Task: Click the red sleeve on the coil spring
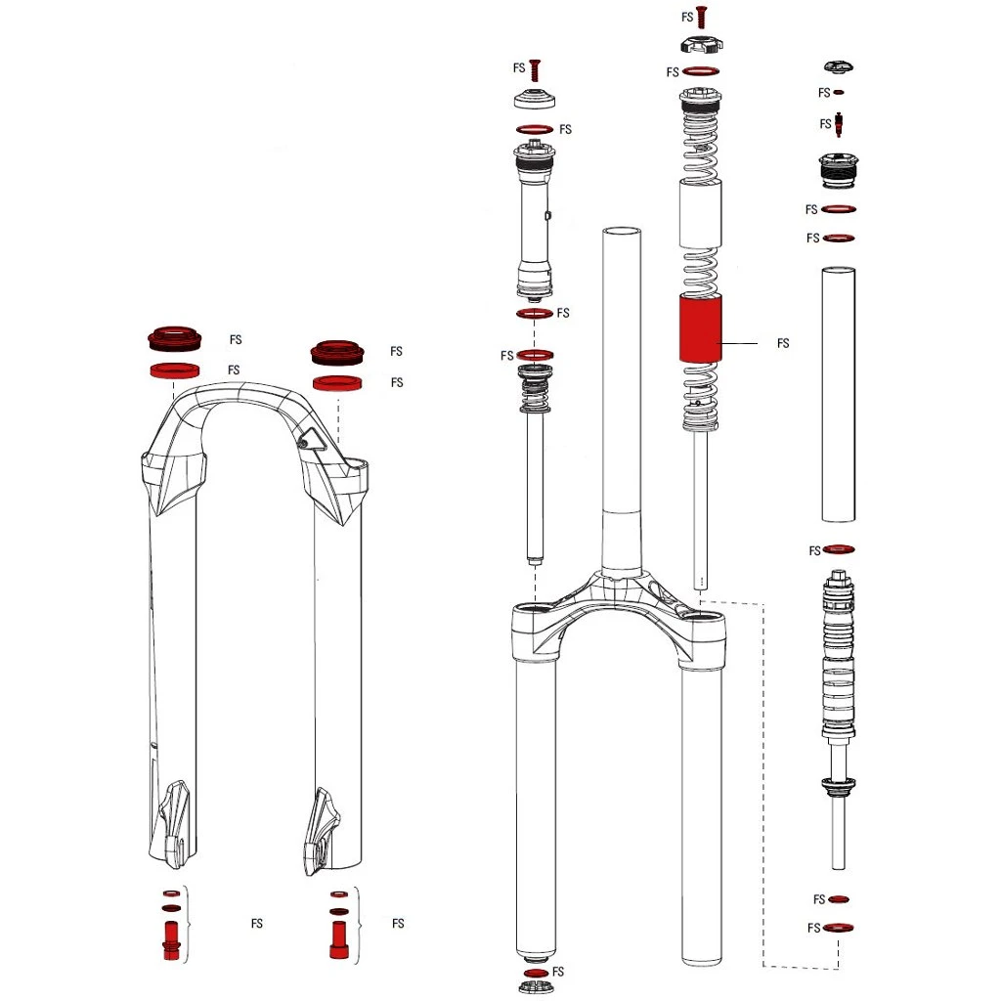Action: coord(700,329)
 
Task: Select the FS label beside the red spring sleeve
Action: coord(783,343)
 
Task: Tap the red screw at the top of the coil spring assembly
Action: coord(701,18)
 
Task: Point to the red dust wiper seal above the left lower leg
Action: coord(174,339)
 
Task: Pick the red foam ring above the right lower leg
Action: coord(337,383)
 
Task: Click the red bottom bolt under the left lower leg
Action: coord(172,940)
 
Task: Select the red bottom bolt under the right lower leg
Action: coord(338,940)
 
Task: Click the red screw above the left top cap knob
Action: coord(535,70)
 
